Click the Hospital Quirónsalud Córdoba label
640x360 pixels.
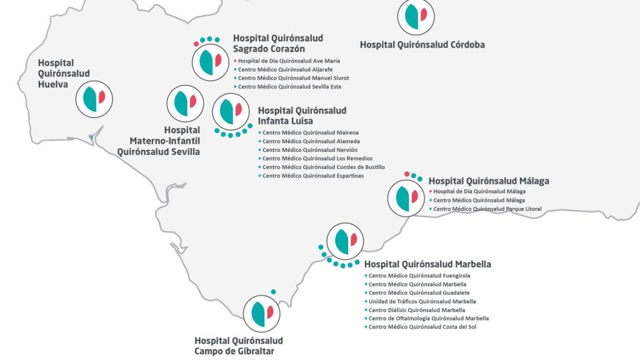pos(422,44)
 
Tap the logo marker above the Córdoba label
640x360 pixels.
pos(416,16)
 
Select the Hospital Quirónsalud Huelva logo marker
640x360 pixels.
pos(94,99)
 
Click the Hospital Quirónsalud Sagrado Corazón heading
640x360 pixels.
pos(277,43)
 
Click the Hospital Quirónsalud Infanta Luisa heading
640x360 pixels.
pos(302,116)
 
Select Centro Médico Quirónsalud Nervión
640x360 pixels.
pos(302,150)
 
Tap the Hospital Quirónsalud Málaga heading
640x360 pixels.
pos(489,181)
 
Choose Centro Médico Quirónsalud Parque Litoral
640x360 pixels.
pos(487,209)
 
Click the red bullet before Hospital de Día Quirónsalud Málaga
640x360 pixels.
pos(430,191)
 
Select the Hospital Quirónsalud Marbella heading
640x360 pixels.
pos(427,264)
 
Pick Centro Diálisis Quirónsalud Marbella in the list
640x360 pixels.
pos(416,310)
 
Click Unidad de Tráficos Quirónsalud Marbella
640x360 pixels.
pos(422,301)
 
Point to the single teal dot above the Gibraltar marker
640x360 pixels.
pos(273,292)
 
